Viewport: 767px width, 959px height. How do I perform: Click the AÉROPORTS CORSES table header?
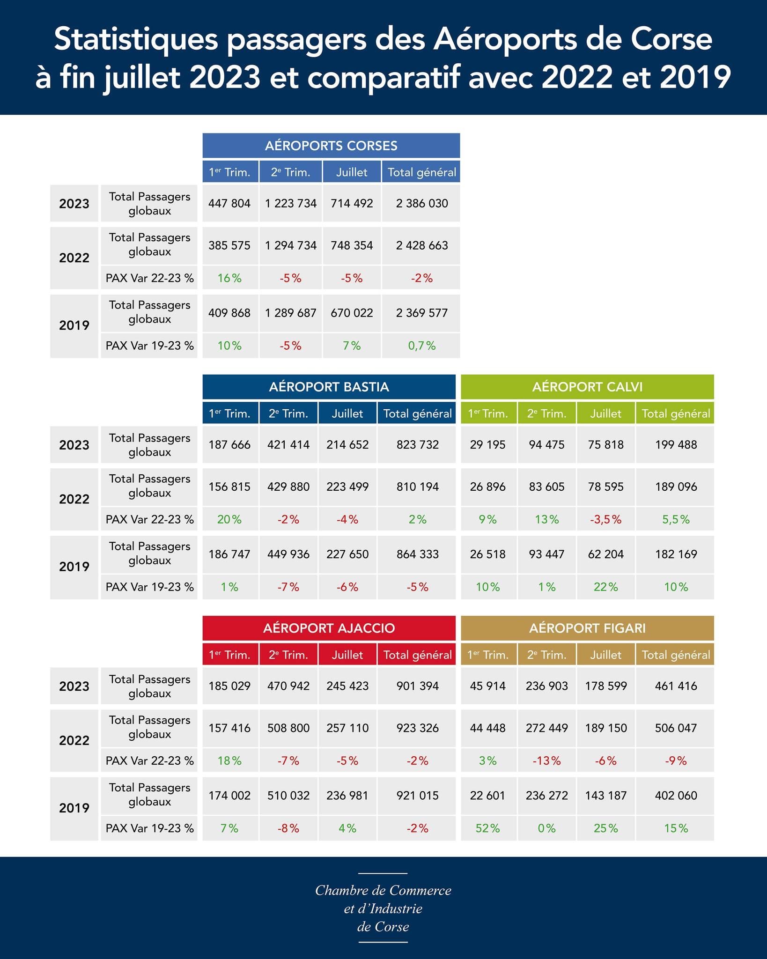(x=331, y=146)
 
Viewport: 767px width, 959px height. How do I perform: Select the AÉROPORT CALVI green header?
(x=587, y=387)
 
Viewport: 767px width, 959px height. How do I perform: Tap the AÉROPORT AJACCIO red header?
(x=329, y=628)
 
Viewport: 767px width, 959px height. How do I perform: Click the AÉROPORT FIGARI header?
(x=587, y=628)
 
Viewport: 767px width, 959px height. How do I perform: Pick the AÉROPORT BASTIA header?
(x=329, y=387)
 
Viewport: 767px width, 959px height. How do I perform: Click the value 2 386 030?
(x=421, y=203)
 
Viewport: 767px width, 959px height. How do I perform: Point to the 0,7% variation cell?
(x=421, y=346)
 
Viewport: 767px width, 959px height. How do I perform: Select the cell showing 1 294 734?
(x=290, y=245)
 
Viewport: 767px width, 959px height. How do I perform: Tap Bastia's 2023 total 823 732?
(x=417, y=444)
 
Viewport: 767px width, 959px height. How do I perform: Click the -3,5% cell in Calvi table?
(x=605, y=519)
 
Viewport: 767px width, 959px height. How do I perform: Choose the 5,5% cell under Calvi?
(x=676, y=519)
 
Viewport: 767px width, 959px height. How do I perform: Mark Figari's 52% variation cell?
(x=487, y=828)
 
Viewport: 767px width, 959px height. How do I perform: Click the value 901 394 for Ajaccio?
(x=417, y=686)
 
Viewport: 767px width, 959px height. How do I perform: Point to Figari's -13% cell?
(x=546, y=761)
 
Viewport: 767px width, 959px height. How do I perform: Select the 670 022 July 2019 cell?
(x=352, y=313)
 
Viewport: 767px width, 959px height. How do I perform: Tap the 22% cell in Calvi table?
(x=605, y=587)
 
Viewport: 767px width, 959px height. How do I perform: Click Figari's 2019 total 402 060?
(x=676, y=795)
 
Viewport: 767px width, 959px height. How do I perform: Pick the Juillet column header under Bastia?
(x=347, y=413)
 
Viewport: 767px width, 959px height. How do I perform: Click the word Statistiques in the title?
(x=136, y=40)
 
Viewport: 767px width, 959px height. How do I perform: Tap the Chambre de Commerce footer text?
(x=383, y=890)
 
